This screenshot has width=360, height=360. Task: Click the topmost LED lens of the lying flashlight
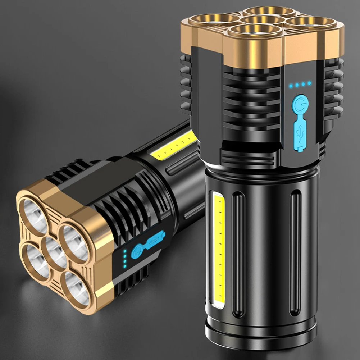35,212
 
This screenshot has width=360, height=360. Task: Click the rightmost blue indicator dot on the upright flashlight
309,83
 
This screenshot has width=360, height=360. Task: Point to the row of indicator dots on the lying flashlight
124,259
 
